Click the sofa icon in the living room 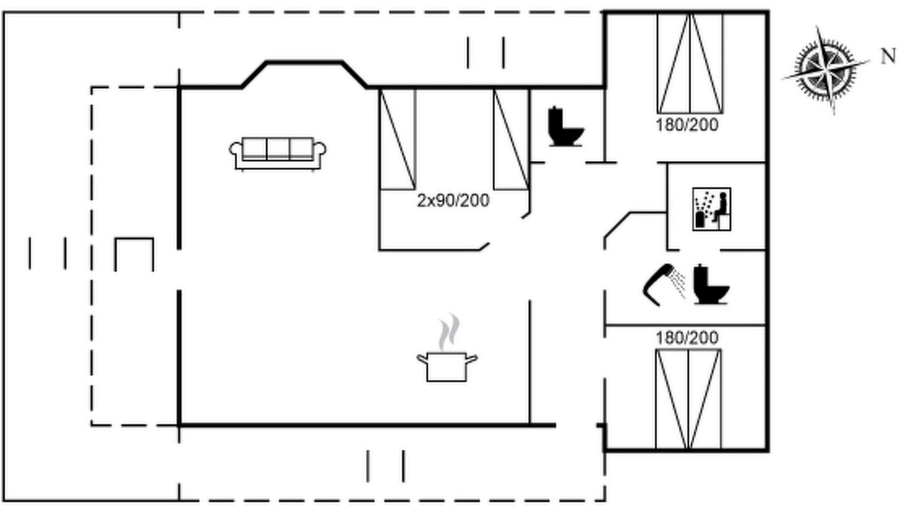pyautogui.click(x=277, y=154)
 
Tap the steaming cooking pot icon pyautogui.click(x=447, y=348)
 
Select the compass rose pyautogui.click(x=826, y=70)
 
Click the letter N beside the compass pyautogui.click(x=889, y=56)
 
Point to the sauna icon pyautogui.click(x=712, y=209)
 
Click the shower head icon pyautogui.click(x=664, y=285)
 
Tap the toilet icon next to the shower pyautogui.click(x=712, y=285)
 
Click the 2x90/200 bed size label pyautogui.click(x=453, y=200)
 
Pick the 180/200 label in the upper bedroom pyautogui.click(x=687, y=125)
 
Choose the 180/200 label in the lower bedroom pyautogui.click(x=687, y=337)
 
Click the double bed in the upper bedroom pyautogui.click(x=690, y=63)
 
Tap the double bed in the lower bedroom pyautogui.click(x=688, y=399)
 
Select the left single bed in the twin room pyautogui.click(x=398, y=139)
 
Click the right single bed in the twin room pyautogui.click(x=511, y=139)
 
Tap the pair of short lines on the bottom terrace pyautogui.click(x=385, y=466)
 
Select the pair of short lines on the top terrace pyautogui.click(x=486, y=53)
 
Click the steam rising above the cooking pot pyautogui.click(x=449, y=331)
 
